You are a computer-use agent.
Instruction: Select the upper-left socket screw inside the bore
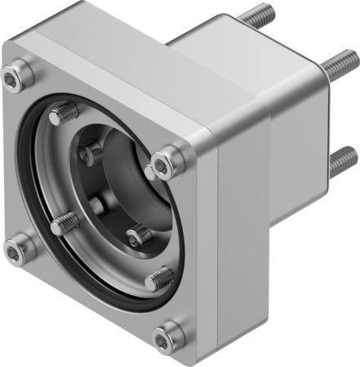tap(91, 153)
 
